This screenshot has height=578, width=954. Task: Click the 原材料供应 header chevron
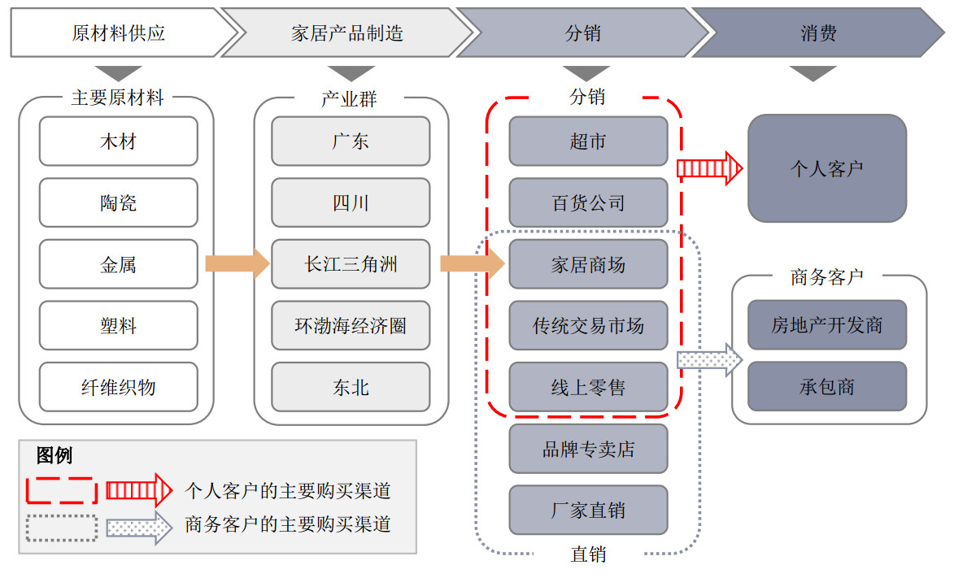(119, 33)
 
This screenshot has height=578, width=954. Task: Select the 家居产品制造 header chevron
(347, 33)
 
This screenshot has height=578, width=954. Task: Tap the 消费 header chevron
(818, 33)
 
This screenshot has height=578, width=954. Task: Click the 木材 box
(118, 141)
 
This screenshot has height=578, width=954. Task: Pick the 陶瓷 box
(118, 202)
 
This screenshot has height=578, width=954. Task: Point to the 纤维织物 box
(118, 387)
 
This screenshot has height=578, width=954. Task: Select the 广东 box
(351, 141)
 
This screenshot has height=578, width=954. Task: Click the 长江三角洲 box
(351, 264)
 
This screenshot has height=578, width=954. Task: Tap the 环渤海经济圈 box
(351, 326)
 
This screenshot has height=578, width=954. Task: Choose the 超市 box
(588, 141)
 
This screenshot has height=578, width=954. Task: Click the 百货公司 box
(588, 202)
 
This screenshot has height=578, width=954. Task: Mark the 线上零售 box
(588, 387)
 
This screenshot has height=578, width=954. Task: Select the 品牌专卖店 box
(588, 449)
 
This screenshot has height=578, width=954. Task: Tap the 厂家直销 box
(588, 511)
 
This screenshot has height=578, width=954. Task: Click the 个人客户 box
(826, 168)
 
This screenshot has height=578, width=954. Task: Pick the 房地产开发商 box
(826, 325)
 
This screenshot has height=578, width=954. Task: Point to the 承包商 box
(826, 386)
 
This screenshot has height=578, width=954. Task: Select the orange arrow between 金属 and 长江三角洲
(237, 264)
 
